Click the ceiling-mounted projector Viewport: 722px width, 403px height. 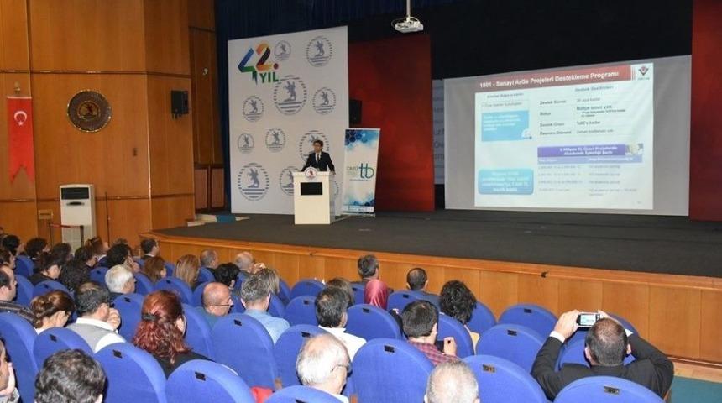408,24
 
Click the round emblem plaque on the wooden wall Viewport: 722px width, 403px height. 89,111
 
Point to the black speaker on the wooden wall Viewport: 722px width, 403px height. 180,103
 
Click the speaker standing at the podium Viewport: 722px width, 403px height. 318,158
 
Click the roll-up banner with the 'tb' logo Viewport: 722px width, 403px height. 361,171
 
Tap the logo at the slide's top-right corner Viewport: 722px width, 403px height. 642,71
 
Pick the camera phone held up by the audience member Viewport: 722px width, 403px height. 588,319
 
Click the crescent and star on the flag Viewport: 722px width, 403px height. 19,118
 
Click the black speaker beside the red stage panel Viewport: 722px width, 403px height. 355,113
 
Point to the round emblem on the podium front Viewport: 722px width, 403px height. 311,173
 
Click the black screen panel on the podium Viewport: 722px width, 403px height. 311,188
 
